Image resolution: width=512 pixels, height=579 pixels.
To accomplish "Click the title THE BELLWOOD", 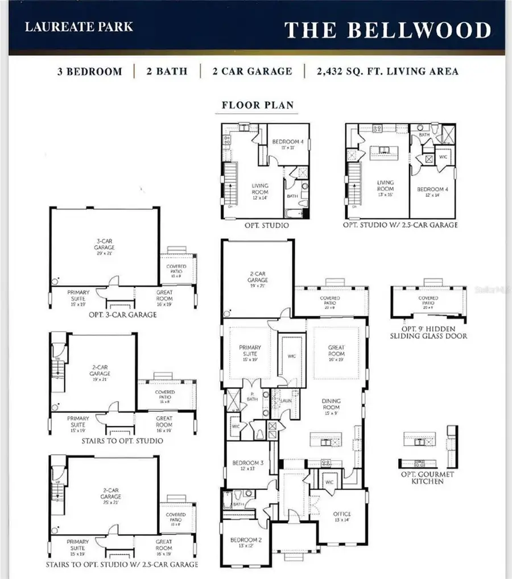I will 387,30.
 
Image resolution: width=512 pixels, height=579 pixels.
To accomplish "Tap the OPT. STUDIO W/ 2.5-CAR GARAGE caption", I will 400,225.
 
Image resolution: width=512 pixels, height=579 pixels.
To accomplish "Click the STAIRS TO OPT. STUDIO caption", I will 123,441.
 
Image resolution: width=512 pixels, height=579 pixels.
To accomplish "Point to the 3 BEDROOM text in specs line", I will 89,72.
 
